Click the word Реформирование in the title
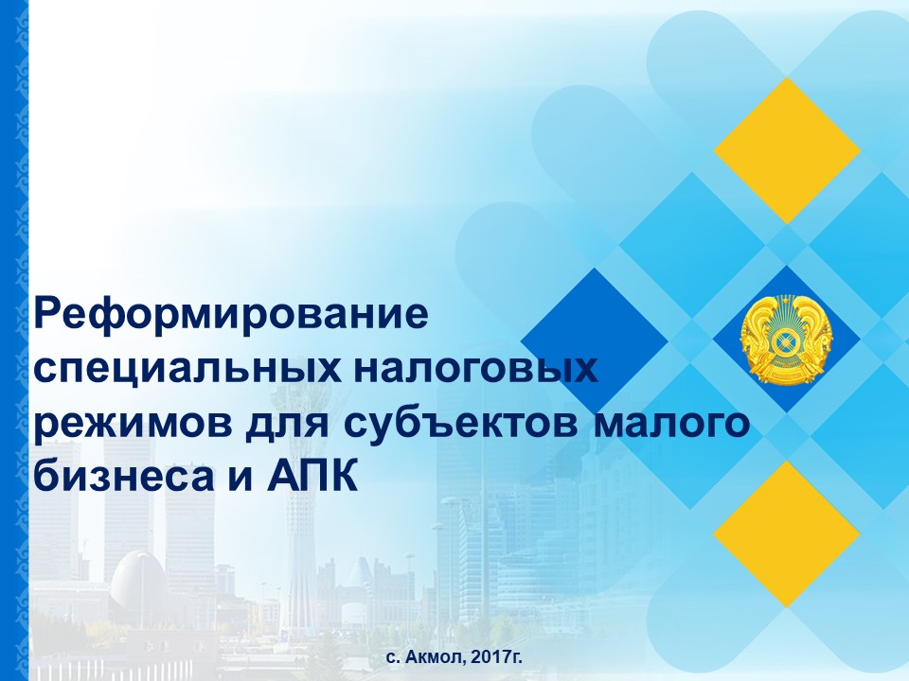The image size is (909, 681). pos(231,315)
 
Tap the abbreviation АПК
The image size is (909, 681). pos(312,475)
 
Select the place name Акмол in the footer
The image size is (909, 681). pos(435,657)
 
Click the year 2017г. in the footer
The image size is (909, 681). pos(496,657)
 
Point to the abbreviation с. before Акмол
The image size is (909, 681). pos(393,658)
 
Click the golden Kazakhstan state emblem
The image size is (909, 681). pos(786,339)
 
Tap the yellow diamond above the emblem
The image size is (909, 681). pos(787,150)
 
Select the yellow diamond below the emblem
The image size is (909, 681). pos(787,533)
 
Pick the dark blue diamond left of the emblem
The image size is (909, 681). pos(595,341)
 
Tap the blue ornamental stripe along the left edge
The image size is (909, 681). pos(14,340)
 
